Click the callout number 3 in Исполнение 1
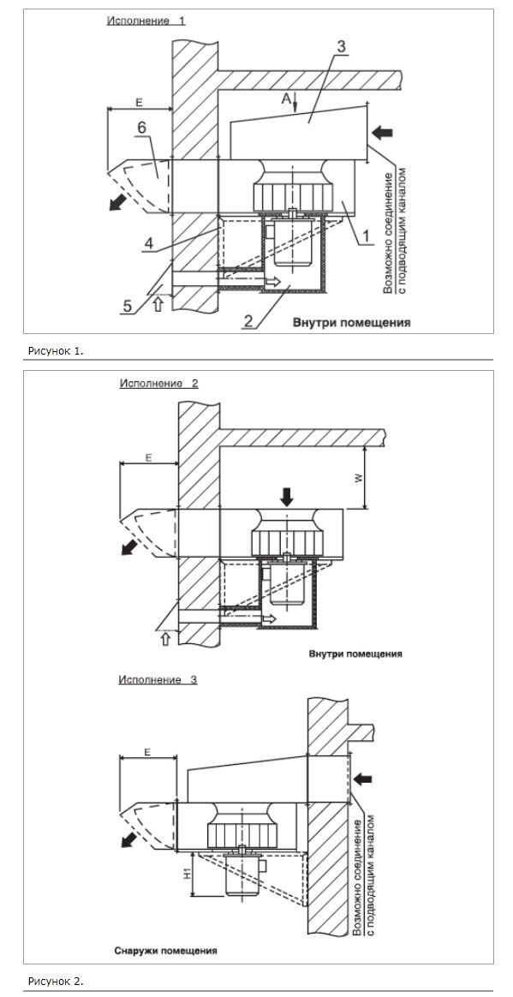pos(341,46)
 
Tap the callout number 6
pos(141,128)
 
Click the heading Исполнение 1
pos(146,21)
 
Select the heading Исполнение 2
pos(159,384)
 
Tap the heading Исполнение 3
pos(158,680)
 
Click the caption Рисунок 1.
pos(56,350)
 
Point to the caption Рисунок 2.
pos(56,981)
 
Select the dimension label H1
pos(187,875)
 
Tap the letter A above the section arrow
pos(286,99)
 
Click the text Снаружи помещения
pos(166,952)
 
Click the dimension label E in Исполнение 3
pos(146,751)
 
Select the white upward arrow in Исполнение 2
pos(166,638)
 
